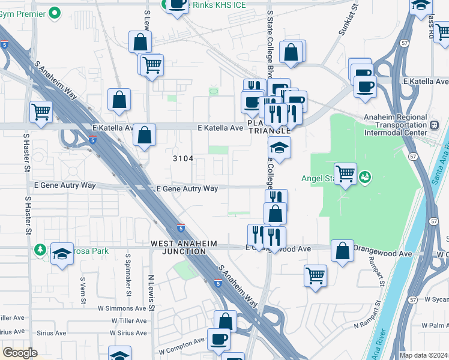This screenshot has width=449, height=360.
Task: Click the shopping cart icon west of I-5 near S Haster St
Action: (41, 111)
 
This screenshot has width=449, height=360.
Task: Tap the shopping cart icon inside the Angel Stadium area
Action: (345, 173)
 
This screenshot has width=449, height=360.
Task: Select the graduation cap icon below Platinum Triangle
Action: (279, 147)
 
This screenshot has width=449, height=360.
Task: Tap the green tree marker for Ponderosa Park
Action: (40, 249)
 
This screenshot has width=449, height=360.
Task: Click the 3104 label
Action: (183, 158)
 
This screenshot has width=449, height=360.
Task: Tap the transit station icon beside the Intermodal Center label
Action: (435, 125)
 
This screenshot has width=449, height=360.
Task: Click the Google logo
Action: (20, 353)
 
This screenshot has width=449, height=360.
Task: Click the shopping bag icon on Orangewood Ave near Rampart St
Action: (342, 253)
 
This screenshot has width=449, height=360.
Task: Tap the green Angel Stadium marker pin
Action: (365, 176)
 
